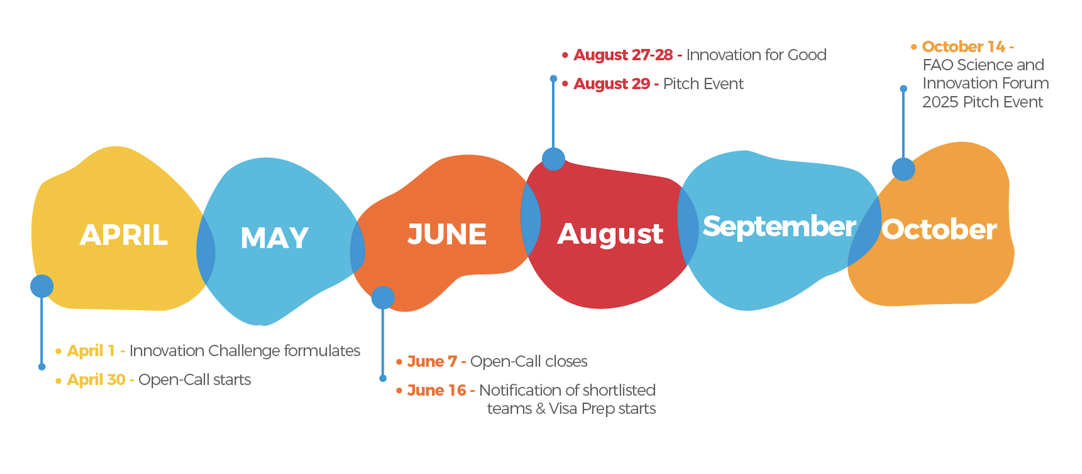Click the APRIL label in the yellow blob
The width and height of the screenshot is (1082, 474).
click(124, 235)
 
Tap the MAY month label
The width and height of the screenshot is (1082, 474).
click(275, 237)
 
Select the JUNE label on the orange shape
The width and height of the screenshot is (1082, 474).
click(447, 234)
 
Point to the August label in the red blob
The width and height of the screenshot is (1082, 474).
click(610, 234)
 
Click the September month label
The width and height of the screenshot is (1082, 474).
click(779, 227)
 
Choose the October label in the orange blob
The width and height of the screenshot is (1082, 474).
click(939, 230)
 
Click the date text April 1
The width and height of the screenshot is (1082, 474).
click(91, 351)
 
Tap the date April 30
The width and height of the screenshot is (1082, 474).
click(96, 379)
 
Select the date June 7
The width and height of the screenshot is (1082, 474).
click(432, 361)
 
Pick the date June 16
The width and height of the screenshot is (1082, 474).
click(436, 390)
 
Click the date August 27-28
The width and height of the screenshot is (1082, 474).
click(623, 55)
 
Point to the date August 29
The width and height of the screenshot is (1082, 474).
click(612, 84)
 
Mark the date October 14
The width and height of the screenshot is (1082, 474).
click(963, 46)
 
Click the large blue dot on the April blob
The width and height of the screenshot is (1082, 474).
click(42, 286)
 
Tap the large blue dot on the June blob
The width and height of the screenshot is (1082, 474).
click(383, 298)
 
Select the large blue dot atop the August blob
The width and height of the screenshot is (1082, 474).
click(554, 159)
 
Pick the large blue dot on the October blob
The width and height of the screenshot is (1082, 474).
click(903, 169)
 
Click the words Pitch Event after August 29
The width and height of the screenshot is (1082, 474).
click(703, 84)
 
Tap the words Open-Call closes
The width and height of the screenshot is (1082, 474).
click(529, 361)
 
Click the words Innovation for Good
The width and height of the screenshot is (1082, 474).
click(756, 55)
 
